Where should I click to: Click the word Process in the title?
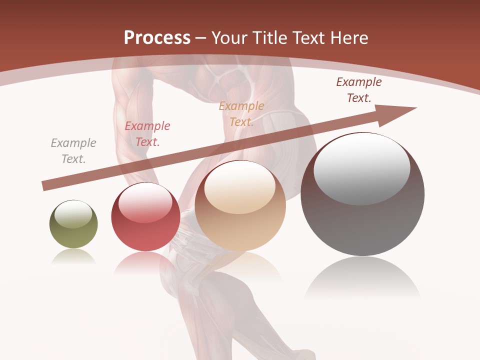[157, 38]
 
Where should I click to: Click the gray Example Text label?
[73, 151]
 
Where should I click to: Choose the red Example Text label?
[147, 134]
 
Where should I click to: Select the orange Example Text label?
[241, 114]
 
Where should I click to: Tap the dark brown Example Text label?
[359, 90]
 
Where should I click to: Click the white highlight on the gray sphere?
[362, 167]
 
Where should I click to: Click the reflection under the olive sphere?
[73, 256]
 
